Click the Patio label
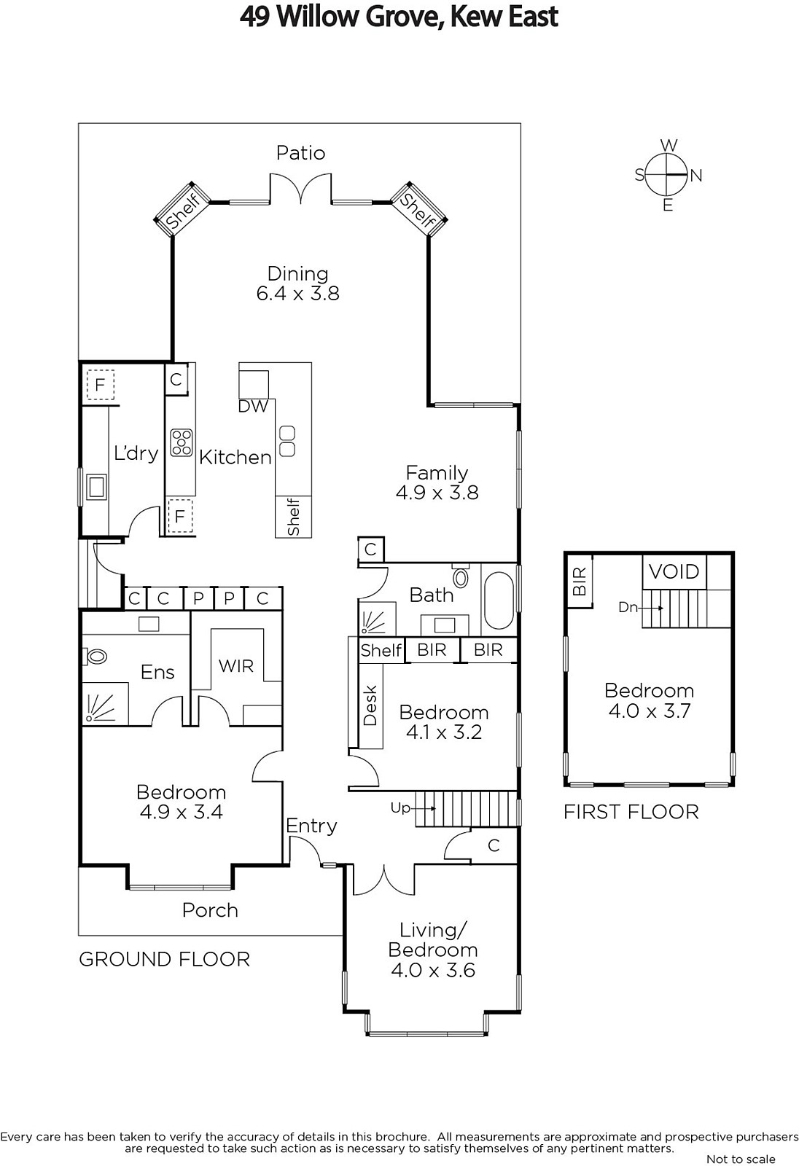tap(300, 153)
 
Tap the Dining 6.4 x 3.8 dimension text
tap(298, 293)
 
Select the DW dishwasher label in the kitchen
tap(253, 407)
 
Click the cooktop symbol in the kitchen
tap(182, 442)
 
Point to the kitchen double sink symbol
tap(287, 441)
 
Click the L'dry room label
tap(136, 453)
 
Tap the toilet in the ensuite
tap(95, 657)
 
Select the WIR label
tap(236, 666)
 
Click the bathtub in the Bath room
tap(499, 600)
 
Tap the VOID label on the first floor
tap(674, 572)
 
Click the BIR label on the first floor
tap(580, 582)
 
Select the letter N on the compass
tap(696, 176)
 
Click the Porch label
tap(210, 910)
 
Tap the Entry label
tap(311, 826)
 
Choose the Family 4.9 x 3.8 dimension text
tap(437, 493)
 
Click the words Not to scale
tap(741, 1159)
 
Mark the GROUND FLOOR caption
tap(165, 959)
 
